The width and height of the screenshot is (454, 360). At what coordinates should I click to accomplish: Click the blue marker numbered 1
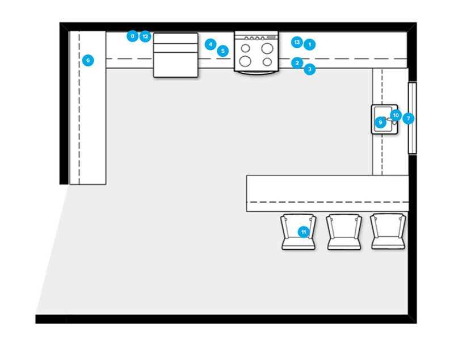[x=309, y=44]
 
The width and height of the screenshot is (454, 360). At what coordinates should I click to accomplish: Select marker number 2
[x=297, y=63]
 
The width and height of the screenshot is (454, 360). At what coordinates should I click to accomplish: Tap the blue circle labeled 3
[x=309, y=70]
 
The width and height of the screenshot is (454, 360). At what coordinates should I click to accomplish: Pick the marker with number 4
[x=211, y=44]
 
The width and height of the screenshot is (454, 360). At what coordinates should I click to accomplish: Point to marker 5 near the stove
[x=223, y=51]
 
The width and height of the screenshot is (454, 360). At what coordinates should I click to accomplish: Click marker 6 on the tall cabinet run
[x=88, y=60]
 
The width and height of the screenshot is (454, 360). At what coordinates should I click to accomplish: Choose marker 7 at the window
[x=408, y=119]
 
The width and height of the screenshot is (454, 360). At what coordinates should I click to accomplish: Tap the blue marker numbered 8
[x=132, y=36]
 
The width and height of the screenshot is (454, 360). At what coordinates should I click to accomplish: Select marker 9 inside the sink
[x=381, y=122]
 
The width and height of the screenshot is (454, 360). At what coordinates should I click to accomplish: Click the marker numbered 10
[x=396, y=115]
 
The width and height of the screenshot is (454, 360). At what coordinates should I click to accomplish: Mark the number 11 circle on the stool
[x=304, y=232]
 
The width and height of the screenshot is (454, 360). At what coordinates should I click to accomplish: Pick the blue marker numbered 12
[x=145, y=36]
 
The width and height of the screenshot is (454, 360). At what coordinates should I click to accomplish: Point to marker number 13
[x=297, y=42]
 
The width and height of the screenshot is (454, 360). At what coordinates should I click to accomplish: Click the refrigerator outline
[x=176, y=55]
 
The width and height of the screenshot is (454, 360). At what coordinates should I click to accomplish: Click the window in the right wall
[x=413, y=118]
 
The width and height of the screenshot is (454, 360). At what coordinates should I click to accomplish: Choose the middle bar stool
[x=344, y=232]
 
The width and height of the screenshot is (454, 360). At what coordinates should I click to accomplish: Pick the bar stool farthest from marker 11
[x=388, y=232]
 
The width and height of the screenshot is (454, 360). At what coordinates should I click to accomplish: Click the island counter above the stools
[x=327, y=193]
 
